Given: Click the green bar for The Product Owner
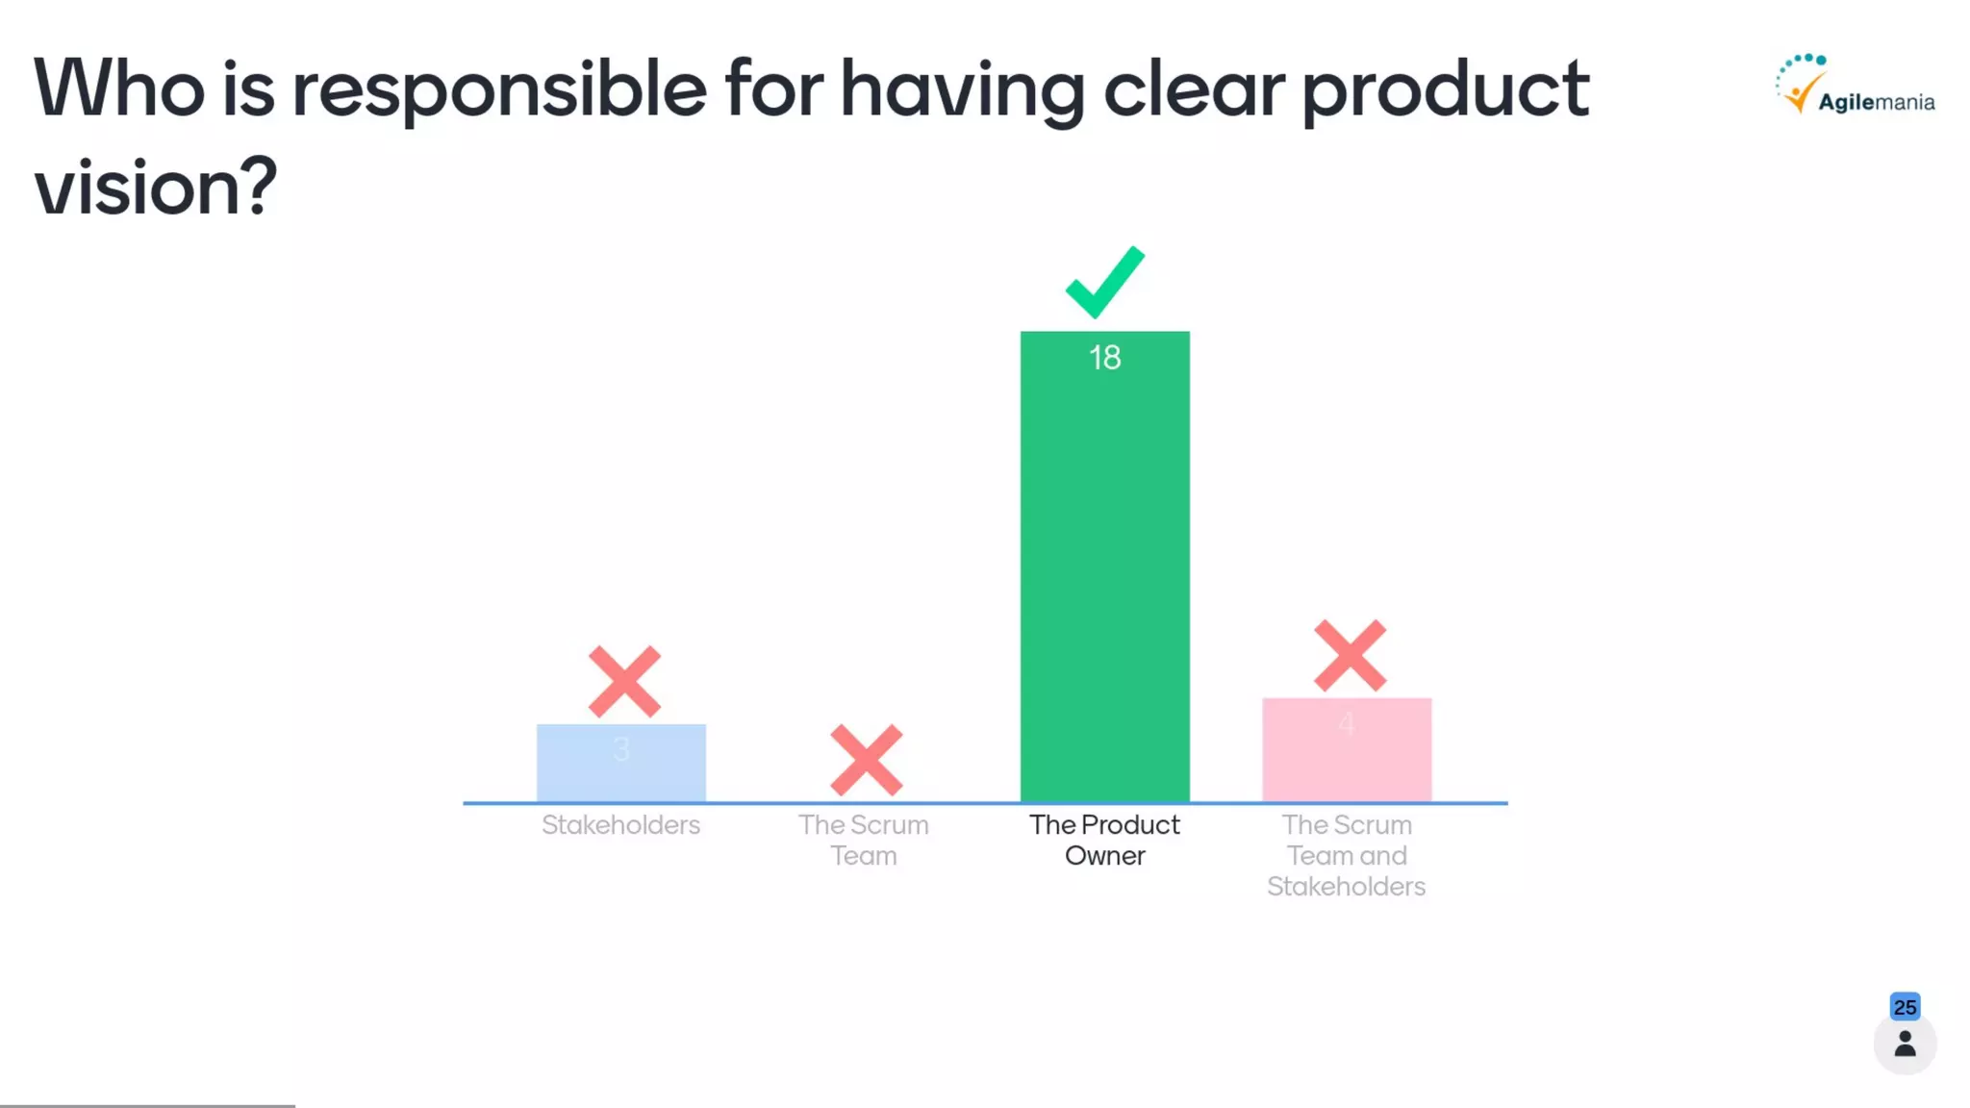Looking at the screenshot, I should [x=1104, y=577].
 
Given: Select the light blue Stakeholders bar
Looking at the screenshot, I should [x=620, y=765].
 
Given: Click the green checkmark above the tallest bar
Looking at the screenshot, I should [x=1104, y=283].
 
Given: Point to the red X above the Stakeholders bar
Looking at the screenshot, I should [x=624, y=682].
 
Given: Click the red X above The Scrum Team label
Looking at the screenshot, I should [x=866, y=760].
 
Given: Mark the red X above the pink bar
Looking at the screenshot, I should [x=1350, y=656].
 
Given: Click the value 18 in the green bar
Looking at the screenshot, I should [x=1104, y=358].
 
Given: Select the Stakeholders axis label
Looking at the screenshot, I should [x=620, y=825].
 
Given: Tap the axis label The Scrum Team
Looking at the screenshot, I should [x=863, y=840].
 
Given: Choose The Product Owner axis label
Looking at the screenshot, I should [x=1104, y=840].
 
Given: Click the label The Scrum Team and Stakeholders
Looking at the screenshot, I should [x=1346, y=855].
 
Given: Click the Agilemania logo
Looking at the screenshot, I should [x=1855, y=87].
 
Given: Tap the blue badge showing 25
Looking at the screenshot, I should [x=1905, y=1007].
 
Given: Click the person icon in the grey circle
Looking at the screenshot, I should [x=1905, y=1045].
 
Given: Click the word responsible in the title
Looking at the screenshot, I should [x=499, y=90].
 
